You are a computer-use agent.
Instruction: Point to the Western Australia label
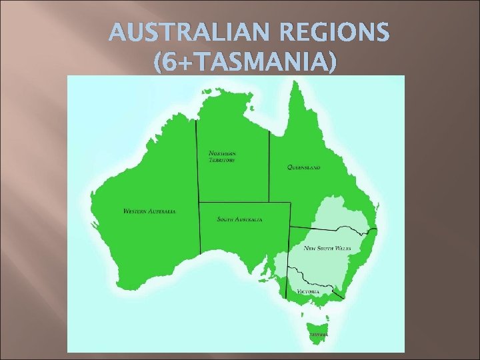tap(149, 211)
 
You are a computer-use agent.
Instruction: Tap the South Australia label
tap(240, 219)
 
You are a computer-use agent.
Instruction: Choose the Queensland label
tap(303, 167)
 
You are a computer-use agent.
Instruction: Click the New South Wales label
tap(327, 248)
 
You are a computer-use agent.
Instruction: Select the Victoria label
tap(308, 291)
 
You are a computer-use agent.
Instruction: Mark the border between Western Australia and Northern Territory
tap(197, 160)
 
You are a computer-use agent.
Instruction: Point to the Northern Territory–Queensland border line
tap(269, 167)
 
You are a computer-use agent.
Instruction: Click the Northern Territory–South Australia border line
tap(233, 202)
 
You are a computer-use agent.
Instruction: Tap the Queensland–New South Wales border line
tap(327, 229)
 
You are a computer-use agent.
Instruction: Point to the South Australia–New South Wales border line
tap(289, 250)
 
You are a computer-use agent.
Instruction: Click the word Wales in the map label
tap(343, 248)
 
